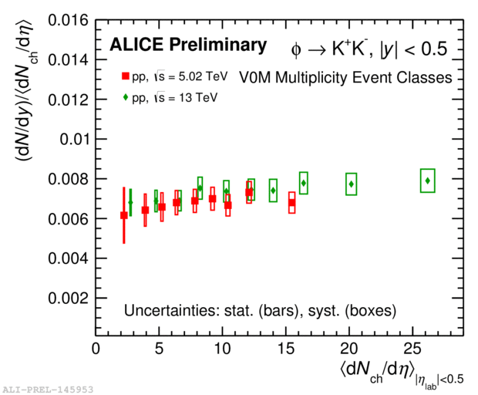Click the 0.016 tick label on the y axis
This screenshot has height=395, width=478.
pyautogui.click(x=66, y=20)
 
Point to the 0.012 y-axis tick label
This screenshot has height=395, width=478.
pyautogui.click(x=66, y=100)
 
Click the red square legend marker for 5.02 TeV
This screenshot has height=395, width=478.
pyautogui.click(x=124, y=76)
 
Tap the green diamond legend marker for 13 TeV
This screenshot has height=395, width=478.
pyautogui.click(x=124, y=97)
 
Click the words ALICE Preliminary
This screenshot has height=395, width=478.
pyautogui.click(x=188, y=46)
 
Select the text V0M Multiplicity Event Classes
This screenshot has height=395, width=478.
pyautogui.click(x=345, y=76)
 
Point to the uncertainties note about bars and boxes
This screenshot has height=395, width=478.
pyautogui.click(x=260, y=312)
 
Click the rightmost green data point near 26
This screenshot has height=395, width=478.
pyautogui.click(x=428, y=181)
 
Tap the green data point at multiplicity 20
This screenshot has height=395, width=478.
pyautogui.click(x=352, y=184)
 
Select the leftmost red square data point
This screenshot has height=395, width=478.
pyautogui.click(x=123, y=215)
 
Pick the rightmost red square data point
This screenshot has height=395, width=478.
pyautogui.click(x=291, y=202)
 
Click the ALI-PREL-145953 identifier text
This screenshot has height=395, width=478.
pyautogui.click(x=47, y=390)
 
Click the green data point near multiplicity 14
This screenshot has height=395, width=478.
pyautogui.click(x=273, y=190)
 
